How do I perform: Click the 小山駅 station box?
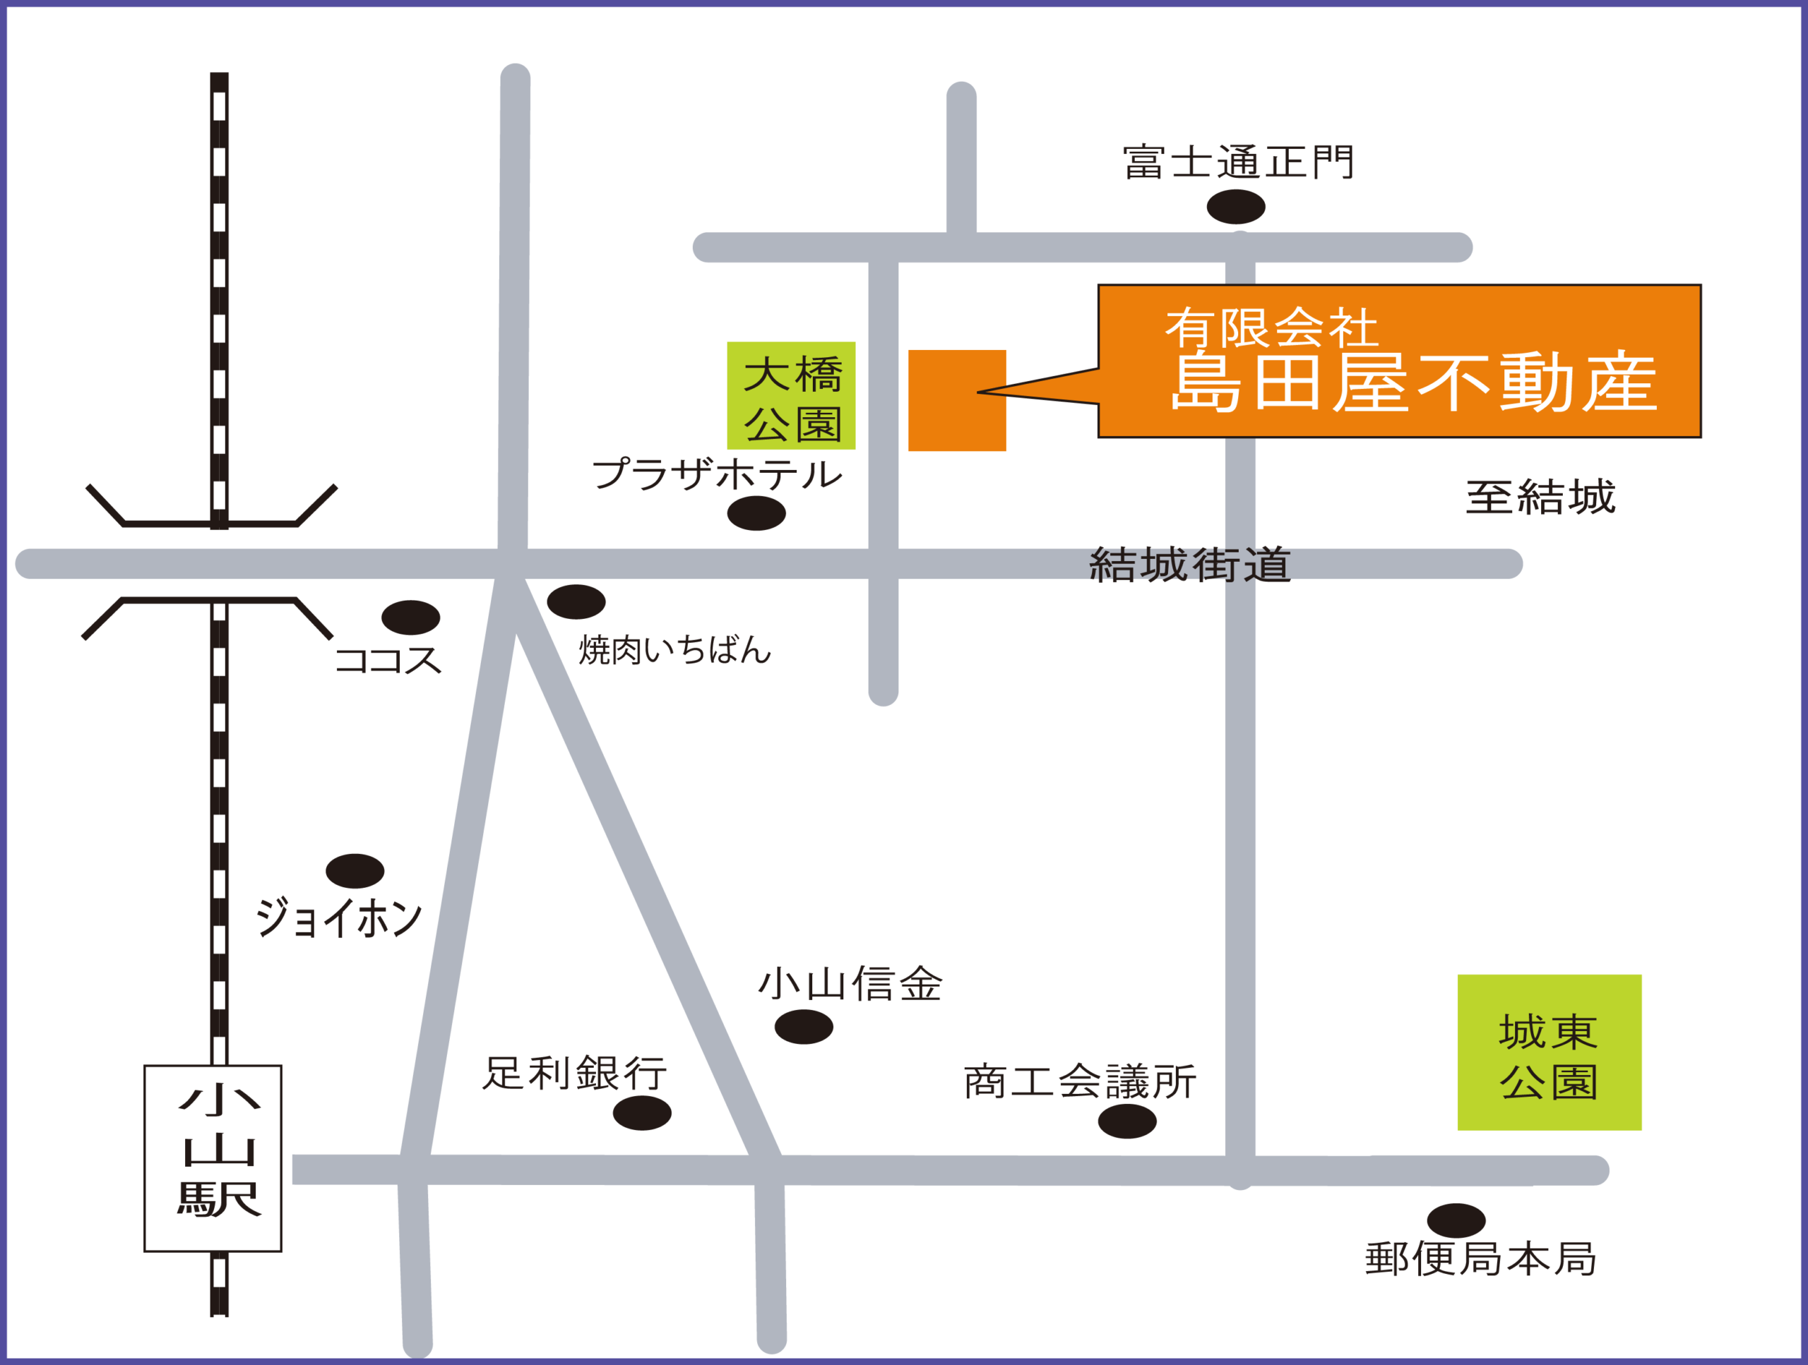coord(213,1158)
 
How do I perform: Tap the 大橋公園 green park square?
coord(790,395)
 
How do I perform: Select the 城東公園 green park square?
coord(1549,1052)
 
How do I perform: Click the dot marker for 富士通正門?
coord(1235,207)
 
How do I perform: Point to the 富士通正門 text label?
coord(1238,162)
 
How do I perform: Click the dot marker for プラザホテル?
coord(756,513)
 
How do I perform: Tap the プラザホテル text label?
coord(716,474)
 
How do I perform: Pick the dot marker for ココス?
coord(410,618)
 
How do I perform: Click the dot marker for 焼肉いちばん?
coord(576,602)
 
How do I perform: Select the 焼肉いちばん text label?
coord(674,650)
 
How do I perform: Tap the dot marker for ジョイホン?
coord(355,871)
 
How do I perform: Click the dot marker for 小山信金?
coord(804,1027)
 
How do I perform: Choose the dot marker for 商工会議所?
coord(1126,1122)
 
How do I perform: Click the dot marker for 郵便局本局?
coord(1456,1220)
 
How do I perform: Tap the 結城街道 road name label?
coord(1189,565)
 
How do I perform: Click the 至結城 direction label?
coord(1540,498)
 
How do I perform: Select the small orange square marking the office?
coord(956,400)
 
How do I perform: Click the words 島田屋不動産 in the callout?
coord(1413,383)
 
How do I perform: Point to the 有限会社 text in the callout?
coord(1271,328)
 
